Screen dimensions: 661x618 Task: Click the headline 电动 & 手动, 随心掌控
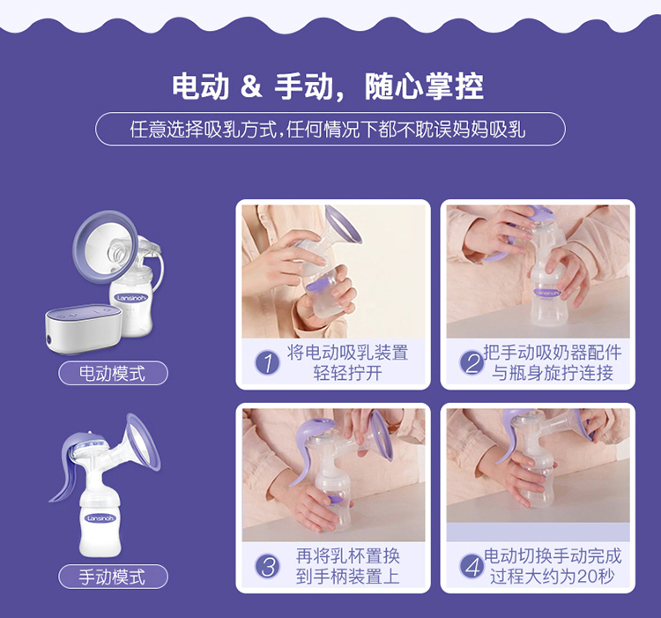point(328,87)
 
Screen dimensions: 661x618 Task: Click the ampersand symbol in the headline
point(251,86)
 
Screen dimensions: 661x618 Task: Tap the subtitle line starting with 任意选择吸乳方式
point(328,129)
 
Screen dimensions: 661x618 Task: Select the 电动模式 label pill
point(113,373)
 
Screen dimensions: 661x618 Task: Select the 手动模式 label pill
point(113,577)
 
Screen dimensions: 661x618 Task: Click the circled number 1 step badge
point(268,362)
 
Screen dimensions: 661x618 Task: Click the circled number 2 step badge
point(472,362)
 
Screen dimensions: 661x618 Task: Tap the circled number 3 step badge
point(268,566)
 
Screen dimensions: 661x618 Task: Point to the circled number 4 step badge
point(472,566)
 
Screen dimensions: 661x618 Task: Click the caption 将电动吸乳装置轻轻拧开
point(348,362)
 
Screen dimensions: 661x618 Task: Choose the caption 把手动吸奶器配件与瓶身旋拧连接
point(553,362)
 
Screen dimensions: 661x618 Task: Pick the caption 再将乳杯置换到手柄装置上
point(348,566)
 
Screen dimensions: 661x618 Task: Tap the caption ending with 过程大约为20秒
point(553,566)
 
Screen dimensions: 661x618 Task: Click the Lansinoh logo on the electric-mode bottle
point(131,298)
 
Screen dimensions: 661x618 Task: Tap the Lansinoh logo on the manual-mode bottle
point(100,518)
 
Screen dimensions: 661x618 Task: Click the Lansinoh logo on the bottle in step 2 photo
point(548,293)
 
